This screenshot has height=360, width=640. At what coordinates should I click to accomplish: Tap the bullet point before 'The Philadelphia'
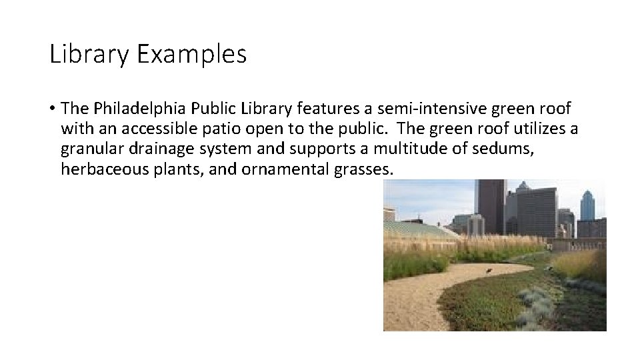52,109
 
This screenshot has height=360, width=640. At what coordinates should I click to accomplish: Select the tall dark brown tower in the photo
491,207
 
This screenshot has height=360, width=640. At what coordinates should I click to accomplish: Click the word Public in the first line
197,109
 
